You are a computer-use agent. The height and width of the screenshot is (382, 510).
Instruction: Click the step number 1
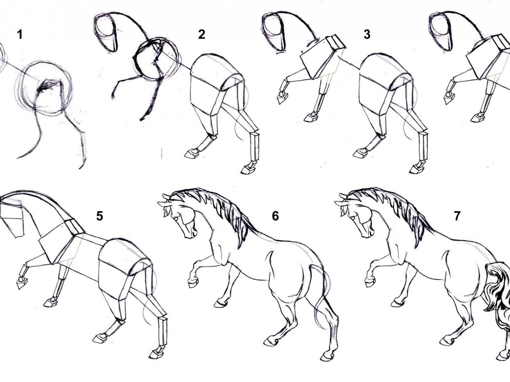coord(20,35)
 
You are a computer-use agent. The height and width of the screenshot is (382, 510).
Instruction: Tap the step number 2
coord(201,35)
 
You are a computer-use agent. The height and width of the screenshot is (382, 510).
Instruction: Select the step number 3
coord(367,35)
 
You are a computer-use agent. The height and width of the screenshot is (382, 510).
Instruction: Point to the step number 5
coord(99,216)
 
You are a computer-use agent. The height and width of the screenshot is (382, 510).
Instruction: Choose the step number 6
coord(275,216)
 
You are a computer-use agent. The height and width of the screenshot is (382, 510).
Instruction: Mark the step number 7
coord(457,216)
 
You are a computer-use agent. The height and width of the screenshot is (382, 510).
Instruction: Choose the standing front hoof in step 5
coord(50,303)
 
